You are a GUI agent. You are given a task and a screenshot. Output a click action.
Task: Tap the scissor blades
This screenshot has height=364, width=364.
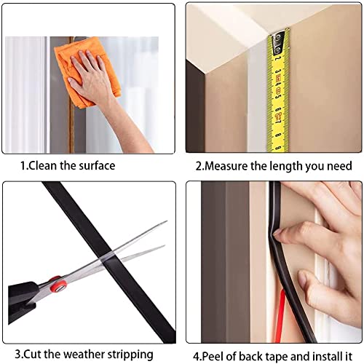point(124,251)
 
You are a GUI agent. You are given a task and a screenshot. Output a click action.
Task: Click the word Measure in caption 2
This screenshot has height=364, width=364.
point(226,166)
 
